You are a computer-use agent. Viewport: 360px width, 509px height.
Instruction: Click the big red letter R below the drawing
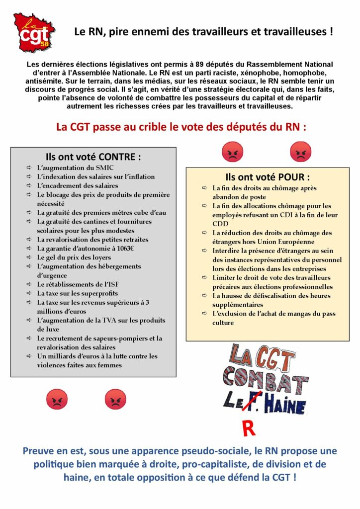pyautogui.click(x=249, y=429)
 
